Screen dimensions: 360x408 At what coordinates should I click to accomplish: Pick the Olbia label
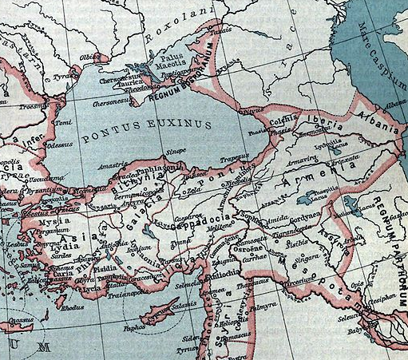[91, 57]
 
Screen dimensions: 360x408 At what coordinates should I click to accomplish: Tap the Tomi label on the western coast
[64, 123]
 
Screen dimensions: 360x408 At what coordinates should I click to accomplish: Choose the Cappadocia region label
[209, 216]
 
